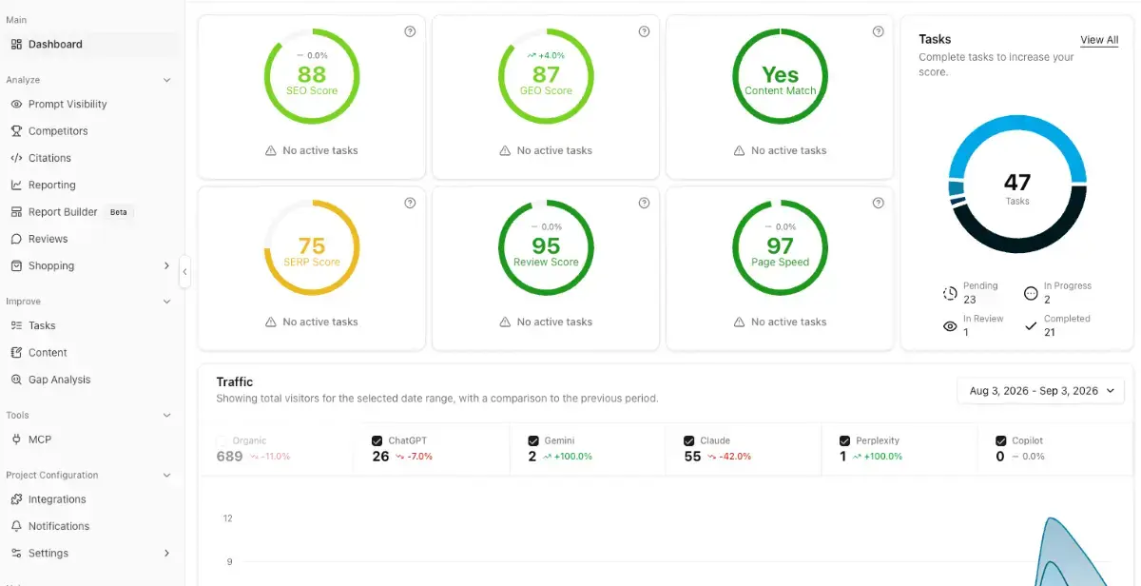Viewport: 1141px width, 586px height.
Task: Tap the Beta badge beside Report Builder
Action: click(118, 212)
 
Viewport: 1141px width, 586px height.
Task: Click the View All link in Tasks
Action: click(1099, 40)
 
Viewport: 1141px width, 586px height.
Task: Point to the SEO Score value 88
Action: click(312, 74)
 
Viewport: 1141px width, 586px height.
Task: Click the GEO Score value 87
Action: click(546, 74)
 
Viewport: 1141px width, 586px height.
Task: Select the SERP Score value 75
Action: click(312, 246)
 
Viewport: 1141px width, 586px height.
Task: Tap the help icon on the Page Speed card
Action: click(879, 203)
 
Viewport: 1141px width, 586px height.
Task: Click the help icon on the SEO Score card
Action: click(410, 31)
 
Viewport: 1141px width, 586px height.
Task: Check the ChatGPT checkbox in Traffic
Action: click(377, 440)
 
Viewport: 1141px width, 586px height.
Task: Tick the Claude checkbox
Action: click(688, 440)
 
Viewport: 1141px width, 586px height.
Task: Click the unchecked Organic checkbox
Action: click(222, 440)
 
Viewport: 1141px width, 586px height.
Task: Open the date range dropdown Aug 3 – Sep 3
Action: click(1040, 391)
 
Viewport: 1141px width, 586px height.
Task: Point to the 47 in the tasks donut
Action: click(1017, 183)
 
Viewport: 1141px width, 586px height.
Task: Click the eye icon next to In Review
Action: click(950, 326)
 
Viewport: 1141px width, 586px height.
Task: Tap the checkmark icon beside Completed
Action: click(1031, 326)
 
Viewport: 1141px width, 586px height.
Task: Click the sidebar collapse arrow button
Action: click(184, 272)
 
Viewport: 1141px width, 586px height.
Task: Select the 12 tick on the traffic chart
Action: click(227, 518)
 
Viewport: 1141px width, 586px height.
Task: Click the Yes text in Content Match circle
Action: click(780, 75)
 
